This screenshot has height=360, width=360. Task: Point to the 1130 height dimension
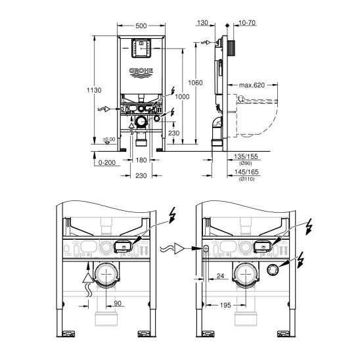point(97,91)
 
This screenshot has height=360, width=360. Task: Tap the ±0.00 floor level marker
point(109,139)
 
